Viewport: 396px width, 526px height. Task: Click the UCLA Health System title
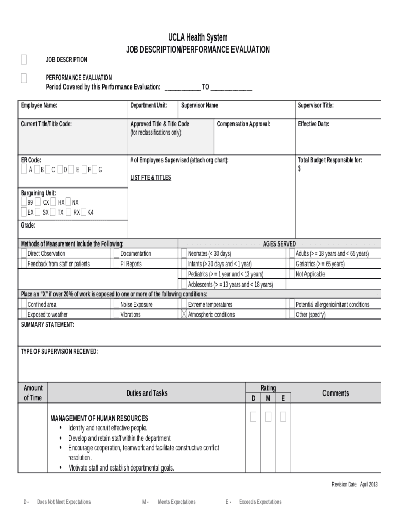198,38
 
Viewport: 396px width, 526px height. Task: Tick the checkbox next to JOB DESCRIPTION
24,60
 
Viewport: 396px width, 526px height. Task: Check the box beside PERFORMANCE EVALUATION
24,78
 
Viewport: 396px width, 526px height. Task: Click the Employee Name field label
39,106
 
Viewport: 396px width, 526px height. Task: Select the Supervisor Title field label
316,106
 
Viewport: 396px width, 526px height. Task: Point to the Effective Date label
313,124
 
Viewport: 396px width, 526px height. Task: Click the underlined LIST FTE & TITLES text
151,178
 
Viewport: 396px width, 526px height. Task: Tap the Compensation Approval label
243,124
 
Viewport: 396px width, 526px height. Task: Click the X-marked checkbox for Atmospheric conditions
184,314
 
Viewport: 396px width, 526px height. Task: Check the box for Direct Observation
23,254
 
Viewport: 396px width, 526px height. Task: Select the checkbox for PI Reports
116,264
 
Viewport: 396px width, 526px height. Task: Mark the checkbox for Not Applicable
292,274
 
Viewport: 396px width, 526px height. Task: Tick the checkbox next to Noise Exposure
116,305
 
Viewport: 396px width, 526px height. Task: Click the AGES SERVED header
279,244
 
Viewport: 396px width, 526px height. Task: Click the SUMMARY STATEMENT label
47,325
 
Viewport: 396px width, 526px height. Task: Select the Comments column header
335,393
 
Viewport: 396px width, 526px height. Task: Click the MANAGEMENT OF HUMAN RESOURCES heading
99,418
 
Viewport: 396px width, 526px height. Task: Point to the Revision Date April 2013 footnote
354,484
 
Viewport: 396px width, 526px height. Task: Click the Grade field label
28,226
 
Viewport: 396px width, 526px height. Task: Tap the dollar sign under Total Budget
300,168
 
